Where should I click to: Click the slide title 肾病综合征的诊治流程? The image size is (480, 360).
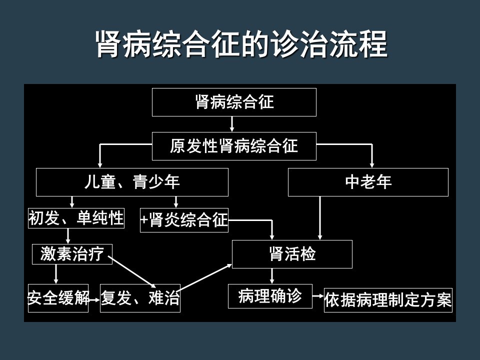point(242,44)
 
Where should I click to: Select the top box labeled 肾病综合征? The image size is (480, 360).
point(234,102)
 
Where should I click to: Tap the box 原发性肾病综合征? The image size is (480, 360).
point(234,146)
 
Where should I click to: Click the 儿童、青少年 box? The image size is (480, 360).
point(132,182)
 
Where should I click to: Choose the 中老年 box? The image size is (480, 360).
point(368,182)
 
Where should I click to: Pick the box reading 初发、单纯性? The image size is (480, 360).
point(76,218)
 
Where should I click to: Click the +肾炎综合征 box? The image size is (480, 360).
point(184,220)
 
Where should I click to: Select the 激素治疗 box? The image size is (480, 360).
point(72,254)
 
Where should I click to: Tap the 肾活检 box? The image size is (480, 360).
point(292,254)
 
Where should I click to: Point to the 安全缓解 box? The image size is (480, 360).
point(58,298)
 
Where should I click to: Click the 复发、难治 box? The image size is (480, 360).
point(140,298)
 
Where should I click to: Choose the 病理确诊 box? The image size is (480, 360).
point(270,296)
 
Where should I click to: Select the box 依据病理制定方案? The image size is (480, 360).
point(388,300)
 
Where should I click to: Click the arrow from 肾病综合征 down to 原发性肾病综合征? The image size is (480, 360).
point(232,124)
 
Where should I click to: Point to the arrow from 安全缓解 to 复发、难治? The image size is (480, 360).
point(94,299)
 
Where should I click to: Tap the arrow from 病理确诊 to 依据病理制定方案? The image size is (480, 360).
point(318,296)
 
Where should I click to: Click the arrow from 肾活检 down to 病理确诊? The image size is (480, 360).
point(272,276)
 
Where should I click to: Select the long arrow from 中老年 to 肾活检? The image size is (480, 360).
point(320,218)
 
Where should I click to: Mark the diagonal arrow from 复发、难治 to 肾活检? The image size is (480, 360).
point(204,277)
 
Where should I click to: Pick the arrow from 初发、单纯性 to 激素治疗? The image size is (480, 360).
point(68,236)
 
